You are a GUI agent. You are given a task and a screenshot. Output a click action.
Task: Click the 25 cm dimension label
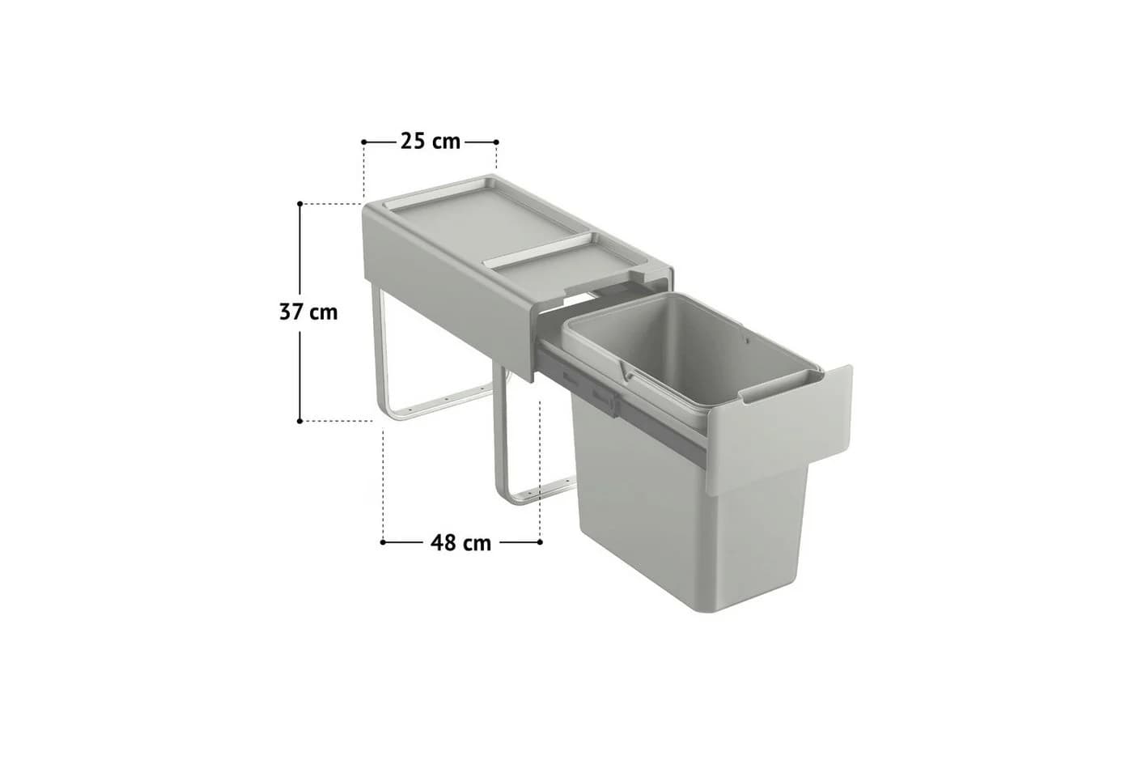pyautogui.click(x=431, y=142)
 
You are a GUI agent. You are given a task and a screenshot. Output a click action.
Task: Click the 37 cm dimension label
pyautogui.click(x=308, y=312)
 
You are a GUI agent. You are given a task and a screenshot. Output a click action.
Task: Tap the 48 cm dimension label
pyautogui.click(x=460, y=543)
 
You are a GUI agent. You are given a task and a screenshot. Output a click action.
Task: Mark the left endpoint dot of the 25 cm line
pyautogui.click(x=363, y=142)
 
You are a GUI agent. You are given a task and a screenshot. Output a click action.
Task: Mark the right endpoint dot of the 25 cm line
pyautogui.click(x=496, y=142)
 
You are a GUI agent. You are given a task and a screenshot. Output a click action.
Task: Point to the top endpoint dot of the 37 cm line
pyautogui.click(x=300, y=203)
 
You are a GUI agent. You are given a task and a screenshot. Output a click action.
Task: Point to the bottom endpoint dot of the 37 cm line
pyautogui.click(x=300, y=421)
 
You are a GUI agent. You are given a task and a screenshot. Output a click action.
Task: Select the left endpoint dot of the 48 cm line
pyautogui.click(x=383, y=542)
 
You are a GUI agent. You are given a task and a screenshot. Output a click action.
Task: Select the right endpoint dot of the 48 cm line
pyautogui.click(x=541, y=542)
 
